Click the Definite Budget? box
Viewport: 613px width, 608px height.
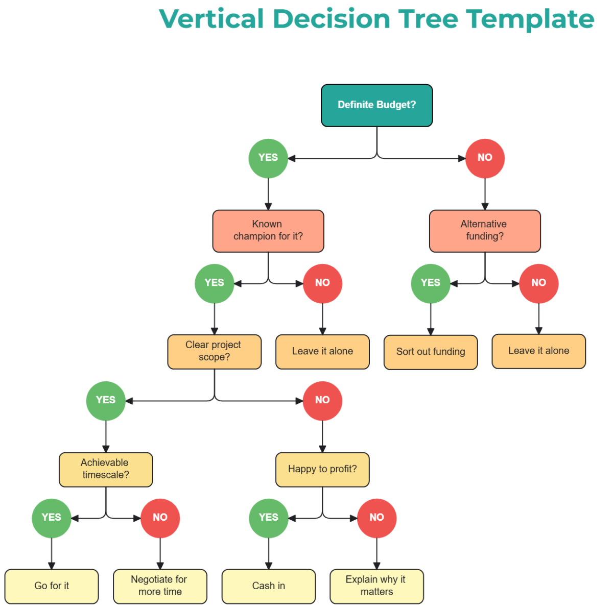[x=376, y=105]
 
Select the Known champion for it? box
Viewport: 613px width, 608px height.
[x=268, y=231]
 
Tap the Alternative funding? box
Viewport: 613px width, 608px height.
[x=485, y=231]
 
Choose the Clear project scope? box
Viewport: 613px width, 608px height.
[x=214, y=351]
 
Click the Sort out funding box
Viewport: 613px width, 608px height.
[x=431, y=352]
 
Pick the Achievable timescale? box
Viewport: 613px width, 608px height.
[x=106, y=469]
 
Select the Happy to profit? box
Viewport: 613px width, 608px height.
[x=322, y=469]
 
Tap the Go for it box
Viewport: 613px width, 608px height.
[x=52, y=586]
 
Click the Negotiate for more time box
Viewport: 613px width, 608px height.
[x=160, y=586]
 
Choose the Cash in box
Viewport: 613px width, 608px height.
[x=269, y=586]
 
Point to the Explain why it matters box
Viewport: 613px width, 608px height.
[x=376, y=586]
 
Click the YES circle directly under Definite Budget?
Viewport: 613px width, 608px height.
[x=268, y=158]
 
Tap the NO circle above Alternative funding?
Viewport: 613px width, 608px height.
[x=485, y=158]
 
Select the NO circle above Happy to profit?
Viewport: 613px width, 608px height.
[x=322, y=401]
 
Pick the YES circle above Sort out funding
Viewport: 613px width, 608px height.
[x=431, y=283]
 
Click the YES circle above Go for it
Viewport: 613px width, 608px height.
[x=52, y=518]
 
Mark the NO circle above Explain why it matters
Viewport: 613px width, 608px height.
[x=376, y=518]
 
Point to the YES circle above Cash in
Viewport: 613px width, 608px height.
[x=269, y=518]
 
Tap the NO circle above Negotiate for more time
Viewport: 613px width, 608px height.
[x=160, y=518]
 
